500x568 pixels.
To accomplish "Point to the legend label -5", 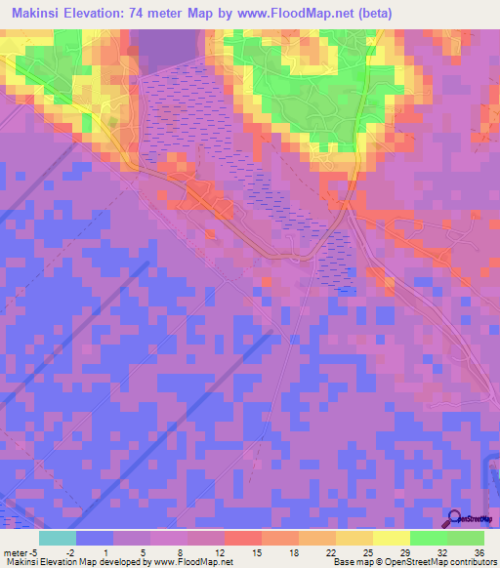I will pos(34,551).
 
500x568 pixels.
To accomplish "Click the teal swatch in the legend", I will pos(57,538).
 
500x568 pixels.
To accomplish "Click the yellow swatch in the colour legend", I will pos(391,538).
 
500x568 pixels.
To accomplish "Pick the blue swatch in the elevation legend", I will pos(94,538).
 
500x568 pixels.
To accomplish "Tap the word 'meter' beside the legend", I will pos(15,551).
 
